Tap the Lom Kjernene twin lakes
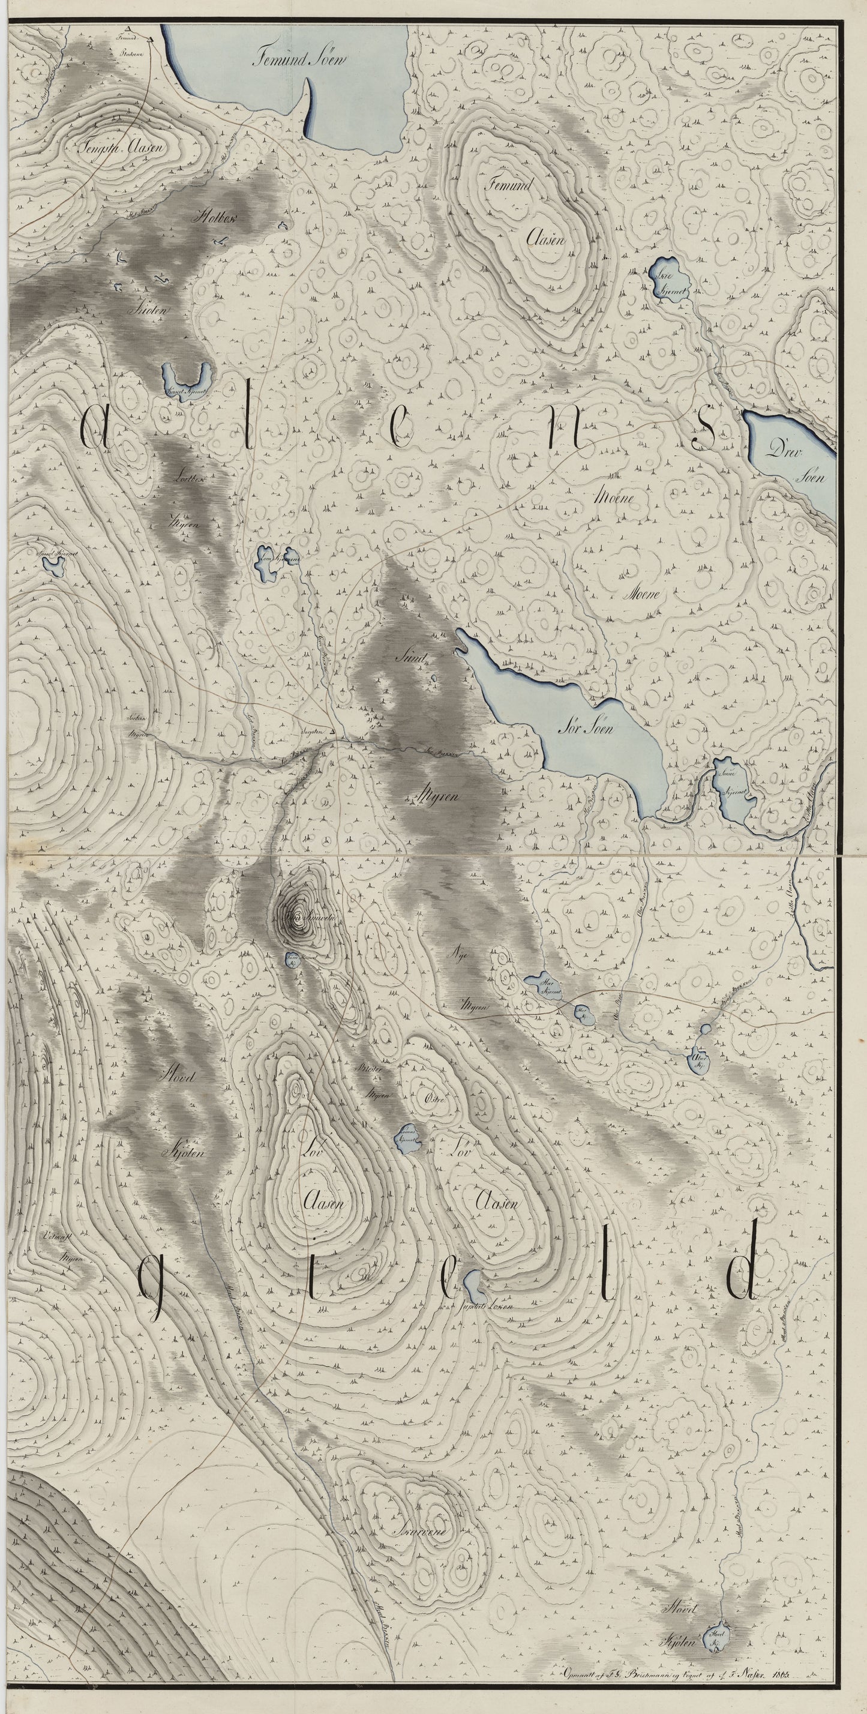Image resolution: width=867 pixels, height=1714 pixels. tap(274, 561)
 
